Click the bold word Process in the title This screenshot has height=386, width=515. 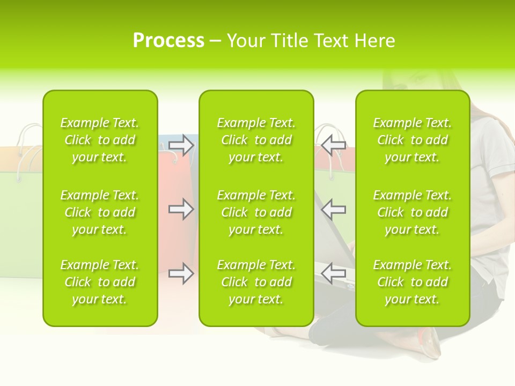(x=168, y=41)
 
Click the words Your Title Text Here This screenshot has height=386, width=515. (x=311, y=41)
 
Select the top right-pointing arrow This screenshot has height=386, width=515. (x=181, y=145)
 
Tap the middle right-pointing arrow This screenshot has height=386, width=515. (x=181, y=209)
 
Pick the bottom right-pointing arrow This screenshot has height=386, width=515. (x=181, y=273)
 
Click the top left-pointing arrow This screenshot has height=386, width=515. (x=334, y=144)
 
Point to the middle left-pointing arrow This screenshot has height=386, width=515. (x=334, y=209)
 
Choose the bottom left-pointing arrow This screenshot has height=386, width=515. (x=334, y=273)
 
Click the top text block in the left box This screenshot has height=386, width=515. (x=100, y=140)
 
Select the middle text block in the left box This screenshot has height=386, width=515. (x=100, y=212)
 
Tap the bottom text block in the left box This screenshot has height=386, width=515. (x=100, y=282)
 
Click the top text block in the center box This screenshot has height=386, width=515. (x=256, y=140)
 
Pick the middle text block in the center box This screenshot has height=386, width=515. (x=256, y=212)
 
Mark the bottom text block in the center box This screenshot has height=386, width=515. (x=256, y=282)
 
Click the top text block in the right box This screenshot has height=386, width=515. (x=412, y=140)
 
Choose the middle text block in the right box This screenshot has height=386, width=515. (x=412, y=212)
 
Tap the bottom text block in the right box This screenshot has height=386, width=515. (x=412, y=282)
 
